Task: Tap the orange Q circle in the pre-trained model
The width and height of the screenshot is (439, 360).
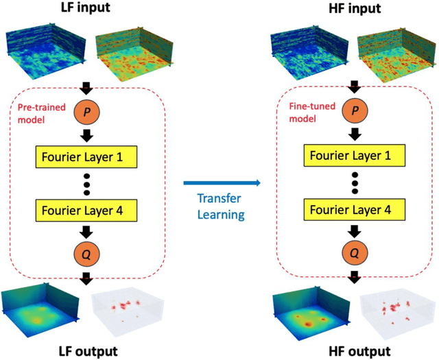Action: point(86,253)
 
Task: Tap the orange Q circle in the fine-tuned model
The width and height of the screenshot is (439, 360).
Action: point(353,253)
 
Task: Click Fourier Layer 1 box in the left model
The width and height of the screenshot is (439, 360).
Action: point(86,156)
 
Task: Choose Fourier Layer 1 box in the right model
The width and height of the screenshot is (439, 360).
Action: point(353,156)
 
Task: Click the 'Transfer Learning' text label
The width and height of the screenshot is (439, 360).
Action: point(221,206)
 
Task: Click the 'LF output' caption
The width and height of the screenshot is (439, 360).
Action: point(86,350)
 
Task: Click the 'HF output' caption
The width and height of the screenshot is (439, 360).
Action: point(353,350)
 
